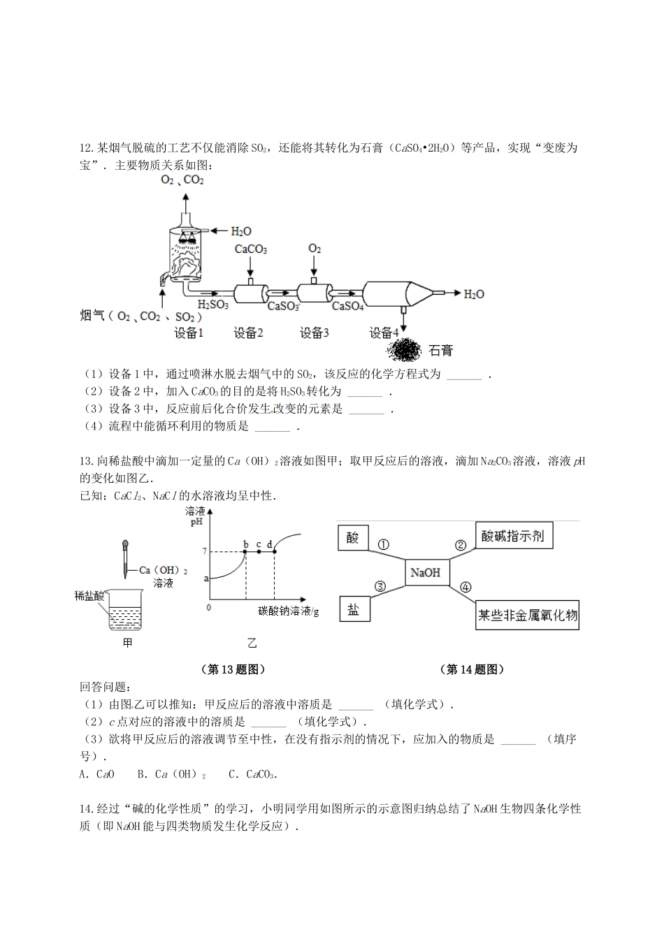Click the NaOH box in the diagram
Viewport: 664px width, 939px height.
(x=426, y=573)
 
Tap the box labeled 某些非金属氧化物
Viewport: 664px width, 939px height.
(x=528, y=616)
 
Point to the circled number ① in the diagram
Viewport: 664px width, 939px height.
(x=384, y=545)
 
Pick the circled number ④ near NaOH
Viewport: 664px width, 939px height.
(x=465, y=588)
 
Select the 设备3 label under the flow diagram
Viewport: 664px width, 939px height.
(x=314, y=333)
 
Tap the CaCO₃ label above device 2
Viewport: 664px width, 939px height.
(x=251, y=249)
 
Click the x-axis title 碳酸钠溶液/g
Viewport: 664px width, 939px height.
(x=287, y=611)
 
